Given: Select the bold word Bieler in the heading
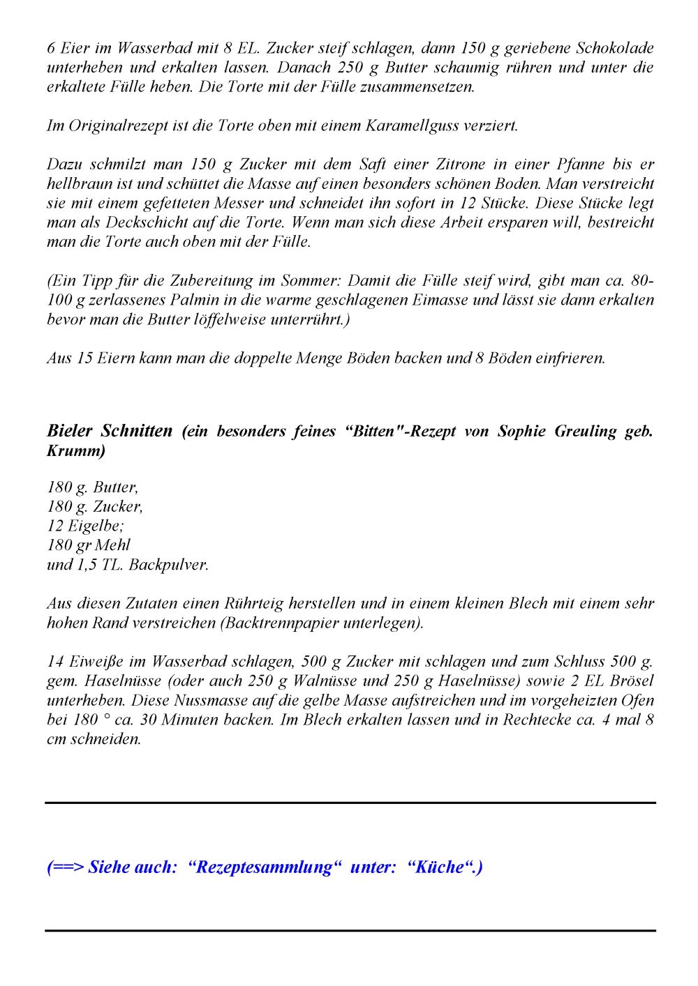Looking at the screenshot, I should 70,431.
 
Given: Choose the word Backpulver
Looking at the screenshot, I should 168,565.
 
